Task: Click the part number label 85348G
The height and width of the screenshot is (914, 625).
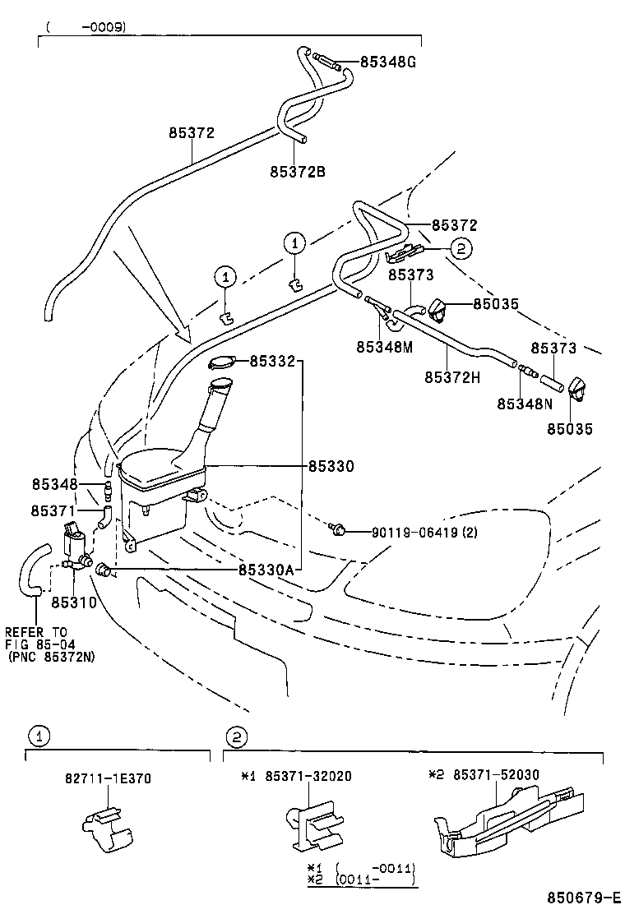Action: click(x=387, y=61)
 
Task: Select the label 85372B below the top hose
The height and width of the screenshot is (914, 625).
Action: click(x=298, y=172)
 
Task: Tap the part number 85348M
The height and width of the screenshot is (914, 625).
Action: click(x=384, y=347)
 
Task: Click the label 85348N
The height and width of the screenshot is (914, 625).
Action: click(x=525, y=404)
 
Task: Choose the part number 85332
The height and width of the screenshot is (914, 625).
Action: click(x=272, y=361)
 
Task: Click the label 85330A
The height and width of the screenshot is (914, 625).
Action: click(x=266, y=569)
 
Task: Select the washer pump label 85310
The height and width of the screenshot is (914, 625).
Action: click(x=74, y=602)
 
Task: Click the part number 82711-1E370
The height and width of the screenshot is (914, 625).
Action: click(x=109, y=778)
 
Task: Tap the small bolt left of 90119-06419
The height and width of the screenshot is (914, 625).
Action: click(x=337, y=529)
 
